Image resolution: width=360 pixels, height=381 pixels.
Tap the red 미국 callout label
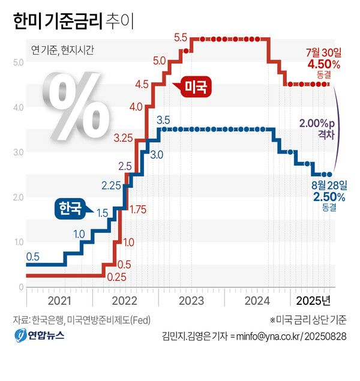pos(195,88)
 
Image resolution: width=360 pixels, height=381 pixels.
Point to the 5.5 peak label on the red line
pos(181,38)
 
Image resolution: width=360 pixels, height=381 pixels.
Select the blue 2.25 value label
pos(111,185)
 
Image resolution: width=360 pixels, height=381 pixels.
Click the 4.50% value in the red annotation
pos(323,64)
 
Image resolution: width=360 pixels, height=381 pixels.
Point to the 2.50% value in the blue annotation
pos(329,197)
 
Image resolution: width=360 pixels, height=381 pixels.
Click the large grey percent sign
pos(74,106)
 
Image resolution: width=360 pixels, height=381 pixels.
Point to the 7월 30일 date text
pos(323,53)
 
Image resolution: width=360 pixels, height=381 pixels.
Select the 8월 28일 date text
pos(329,185)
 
